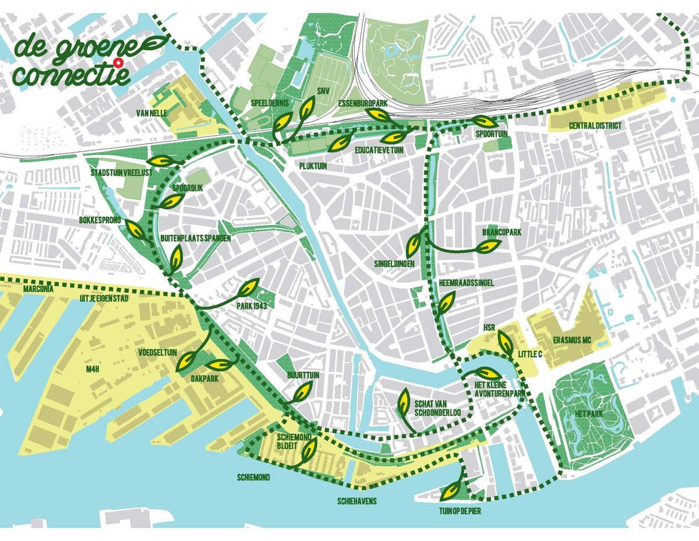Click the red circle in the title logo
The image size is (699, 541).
119,62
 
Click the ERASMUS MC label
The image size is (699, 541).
569,340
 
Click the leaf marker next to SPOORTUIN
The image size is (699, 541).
483,121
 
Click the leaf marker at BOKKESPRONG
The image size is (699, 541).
137,231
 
